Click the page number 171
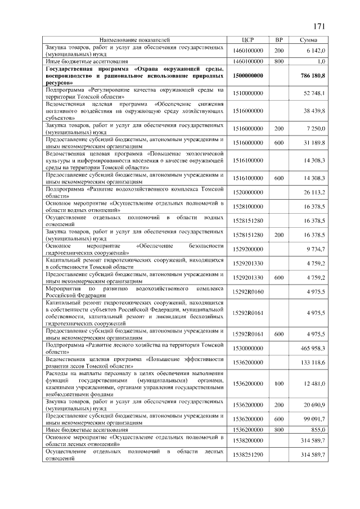(319, 26)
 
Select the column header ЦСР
(248, 40)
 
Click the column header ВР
(278, 40)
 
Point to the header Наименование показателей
(134, 40)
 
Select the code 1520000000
(248, 192)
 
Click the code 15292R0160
(248, 292)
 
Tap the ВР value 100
(278, 384)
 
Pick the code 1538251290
(248, 454)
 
